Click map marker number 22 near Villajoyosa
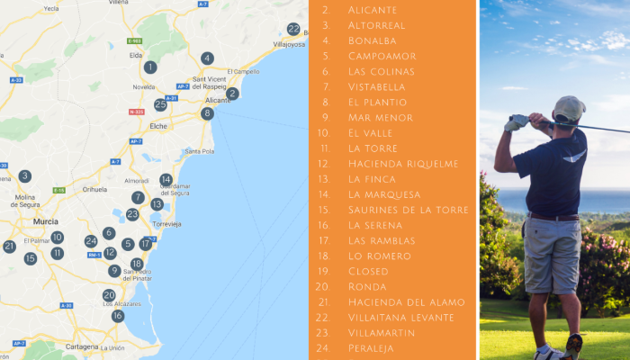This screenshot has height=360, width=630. coord(293,29)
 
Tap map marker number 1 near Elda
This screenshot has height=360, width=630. coord(150,67)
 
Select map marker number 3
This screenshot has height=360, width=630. coord(25,176)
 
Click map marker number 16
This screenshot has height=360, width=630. coord(118,316)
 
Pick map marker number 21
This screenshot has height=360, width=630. coord(9,246)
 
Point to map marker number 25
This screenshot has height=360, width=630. coord(160,104)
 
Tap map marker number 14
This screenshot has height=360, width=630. coord(166,180)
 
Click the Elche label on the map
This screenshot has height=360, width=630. coord(158,127)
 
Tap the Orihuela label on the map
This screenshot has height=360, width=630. coord(94,189)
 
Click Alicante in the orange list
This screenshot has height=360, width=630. coord(372,10)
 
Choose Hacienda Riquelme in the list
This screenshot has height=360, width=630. coord(402,164)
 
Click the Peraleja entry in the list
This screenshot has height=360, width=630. coord(370,348)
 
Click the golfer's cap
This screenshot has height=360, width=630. coord(568,108)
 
